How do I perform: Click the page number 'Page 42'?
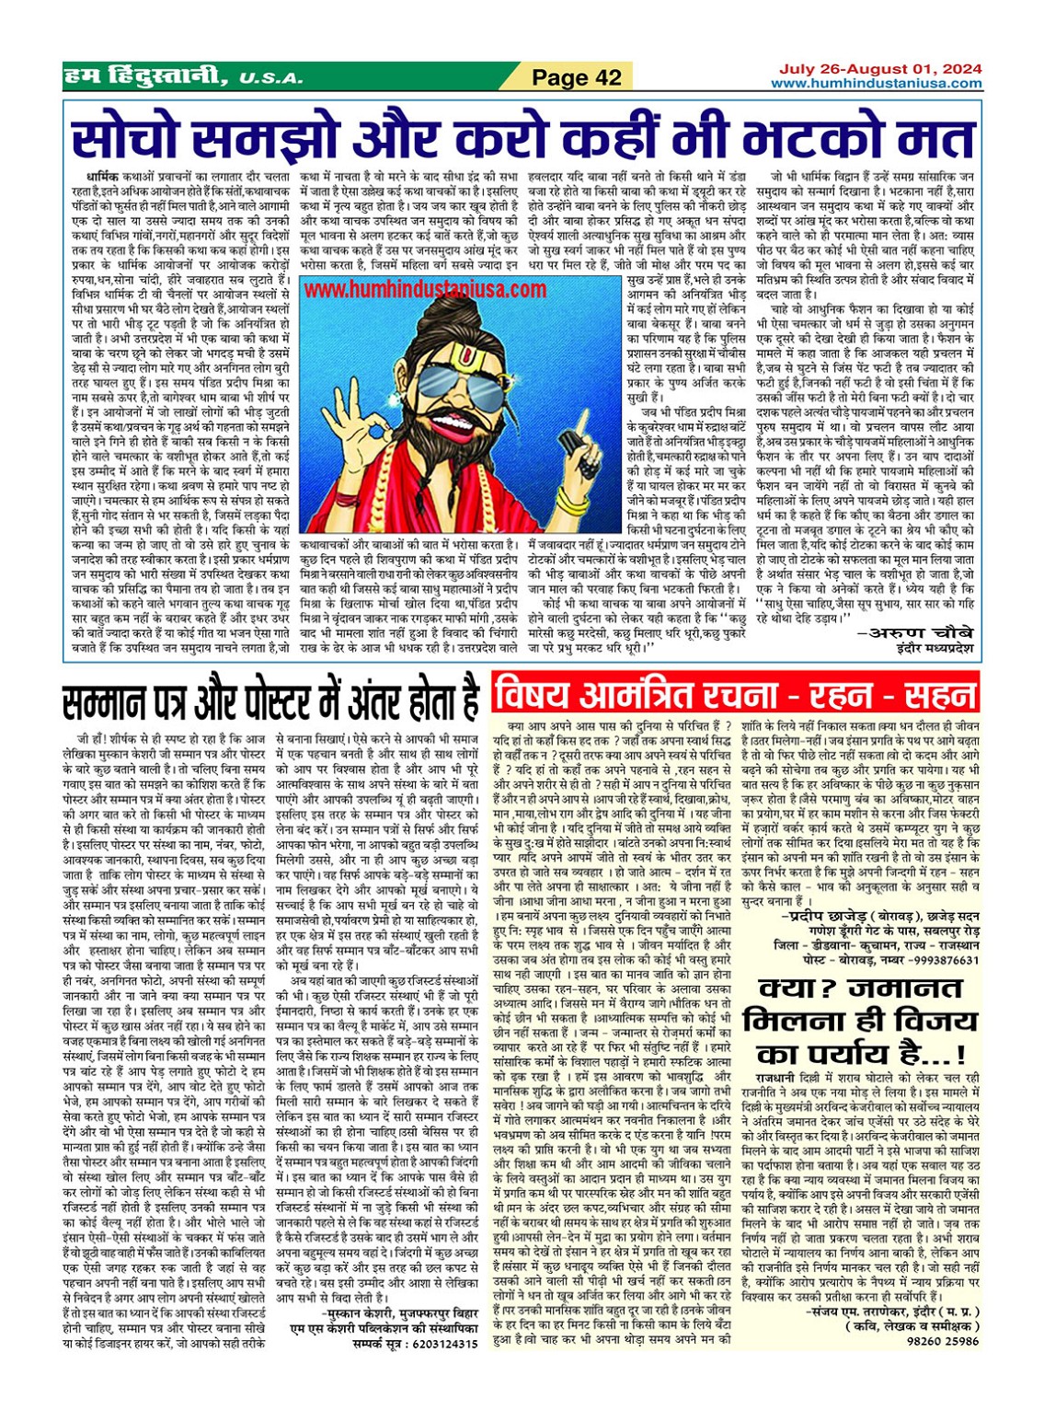(x=577, y=78)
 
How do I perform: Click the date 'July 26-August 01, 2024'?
(x=879, y=69)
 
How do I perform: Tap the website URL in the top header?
(x=876, y=84)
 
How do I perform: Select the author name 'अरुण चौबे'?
(x=914, y=633)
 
